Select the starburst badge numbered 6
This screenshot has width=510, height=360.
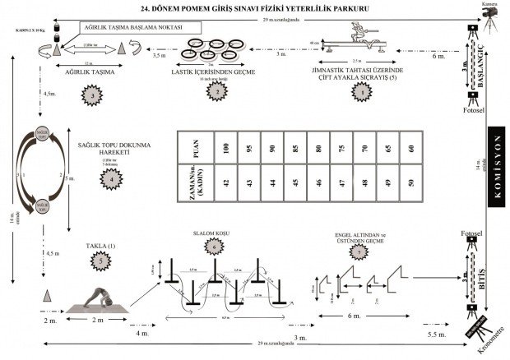click(216, 247)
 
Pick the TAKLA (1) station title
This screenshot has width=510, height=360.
click(100, 246)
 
